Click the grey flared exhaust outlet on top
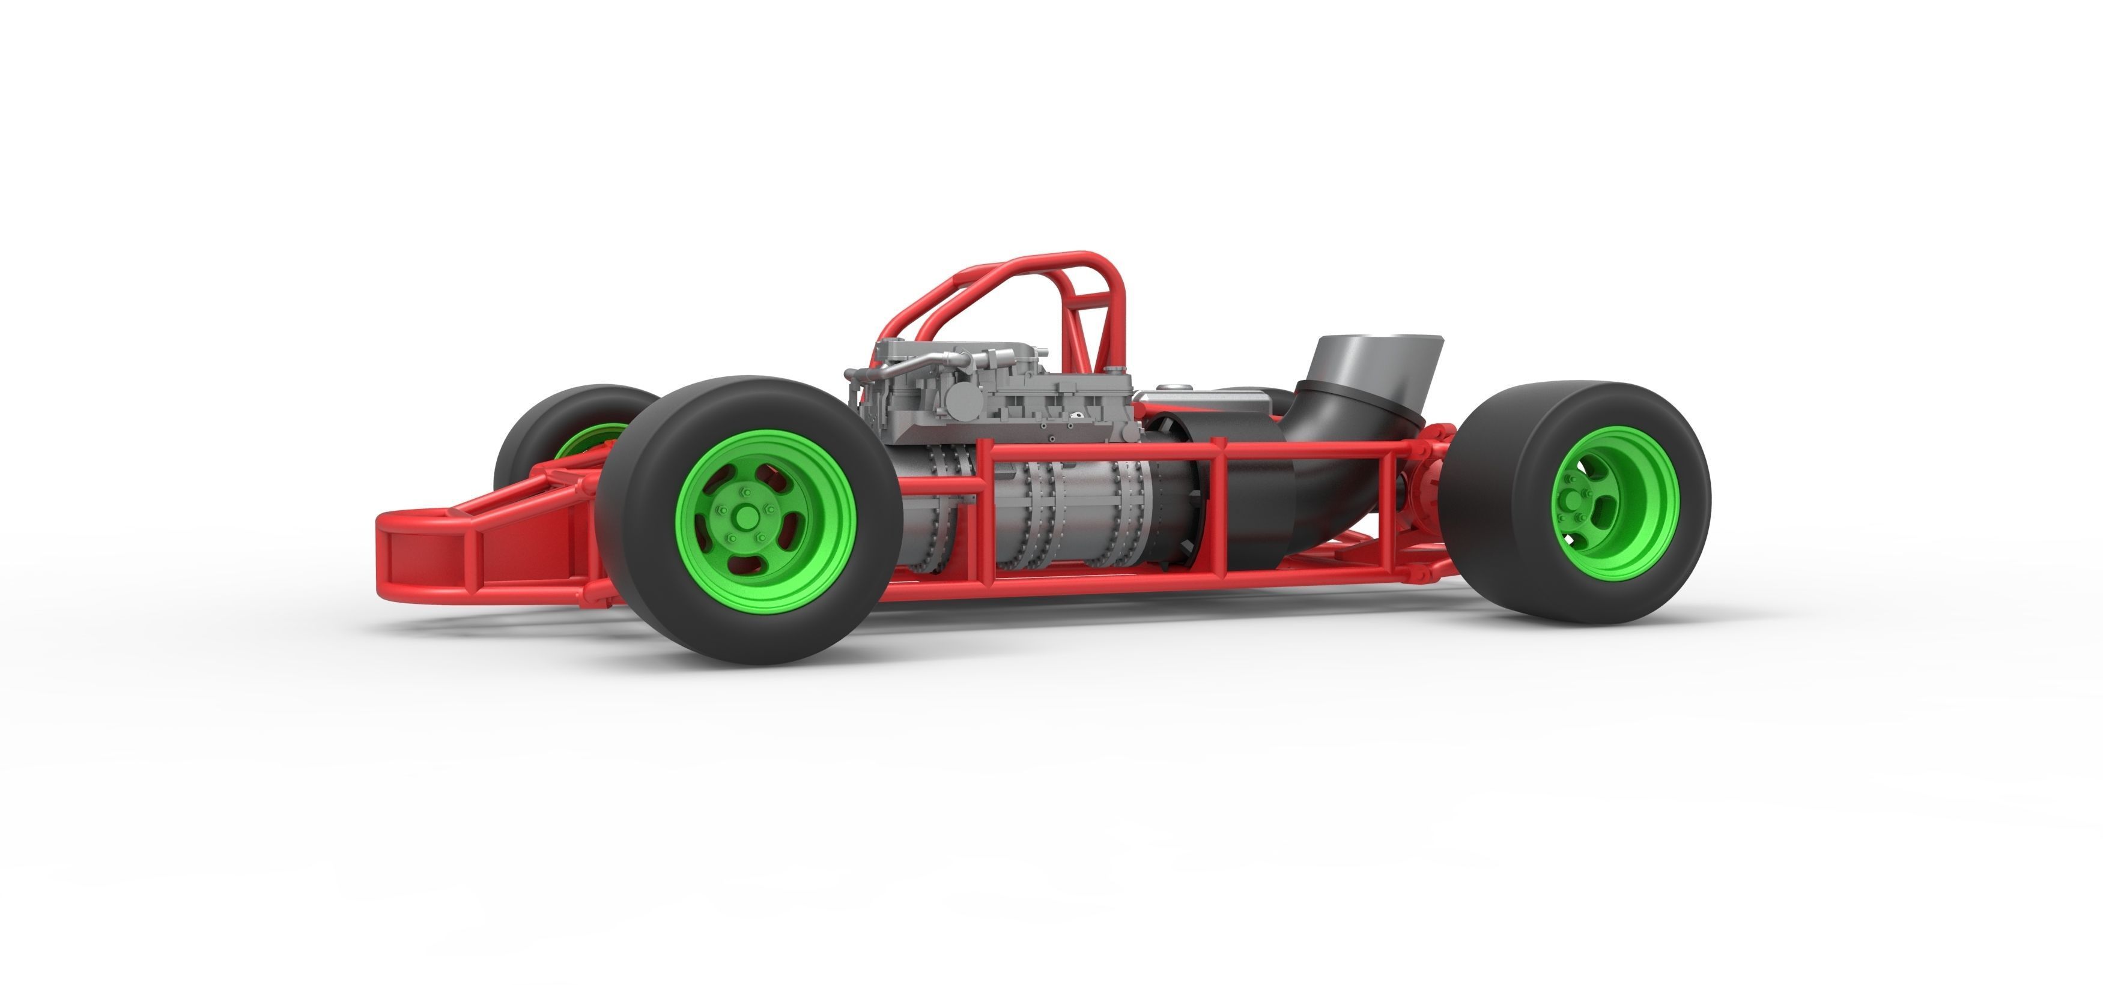tap(1371, 359)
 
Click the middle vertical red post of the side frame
tap(1217, 514)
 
